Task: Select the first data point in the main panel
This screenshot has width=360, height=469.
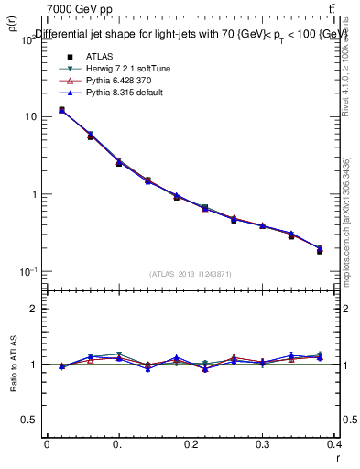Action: pos(61,110)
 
